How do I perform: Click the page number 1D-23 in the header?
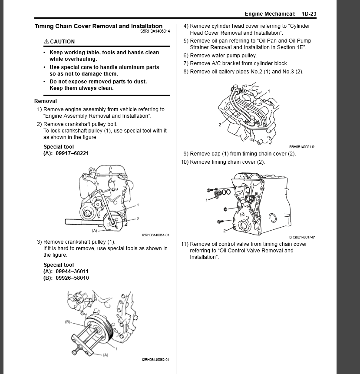point(309,14)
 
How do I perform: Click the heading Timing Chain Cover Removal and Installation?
point(99,26)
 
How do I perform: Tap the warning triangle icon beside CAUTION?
point(46,41)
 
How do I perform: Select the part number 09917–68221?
point(72,153)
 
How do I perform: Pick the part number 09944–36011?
point(72,271)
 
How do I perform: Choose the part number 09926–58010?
point(72,278)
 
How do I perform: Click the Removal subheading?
point(46,101)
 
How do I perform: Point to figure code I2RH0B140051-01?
point(155,235)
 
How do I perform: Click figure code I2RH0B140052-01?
point(155,360)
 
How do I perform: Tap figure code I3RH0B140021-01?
point(302,147)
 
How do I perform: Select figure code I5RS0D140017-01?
point(302,237)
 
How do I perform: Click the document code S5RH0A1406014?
point(155,32)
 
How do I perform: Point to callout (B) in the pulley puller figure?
point(67,322)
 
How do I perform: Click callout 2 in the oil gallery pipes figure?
point(220,124)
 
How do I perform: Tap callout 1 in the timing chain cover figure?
point(208,199)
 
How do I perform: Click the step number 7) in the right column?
point(186,63)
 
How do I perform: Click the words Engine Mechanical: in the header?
point(270,14)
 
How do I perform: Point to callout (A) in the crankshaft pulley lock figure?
point(94,230)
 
